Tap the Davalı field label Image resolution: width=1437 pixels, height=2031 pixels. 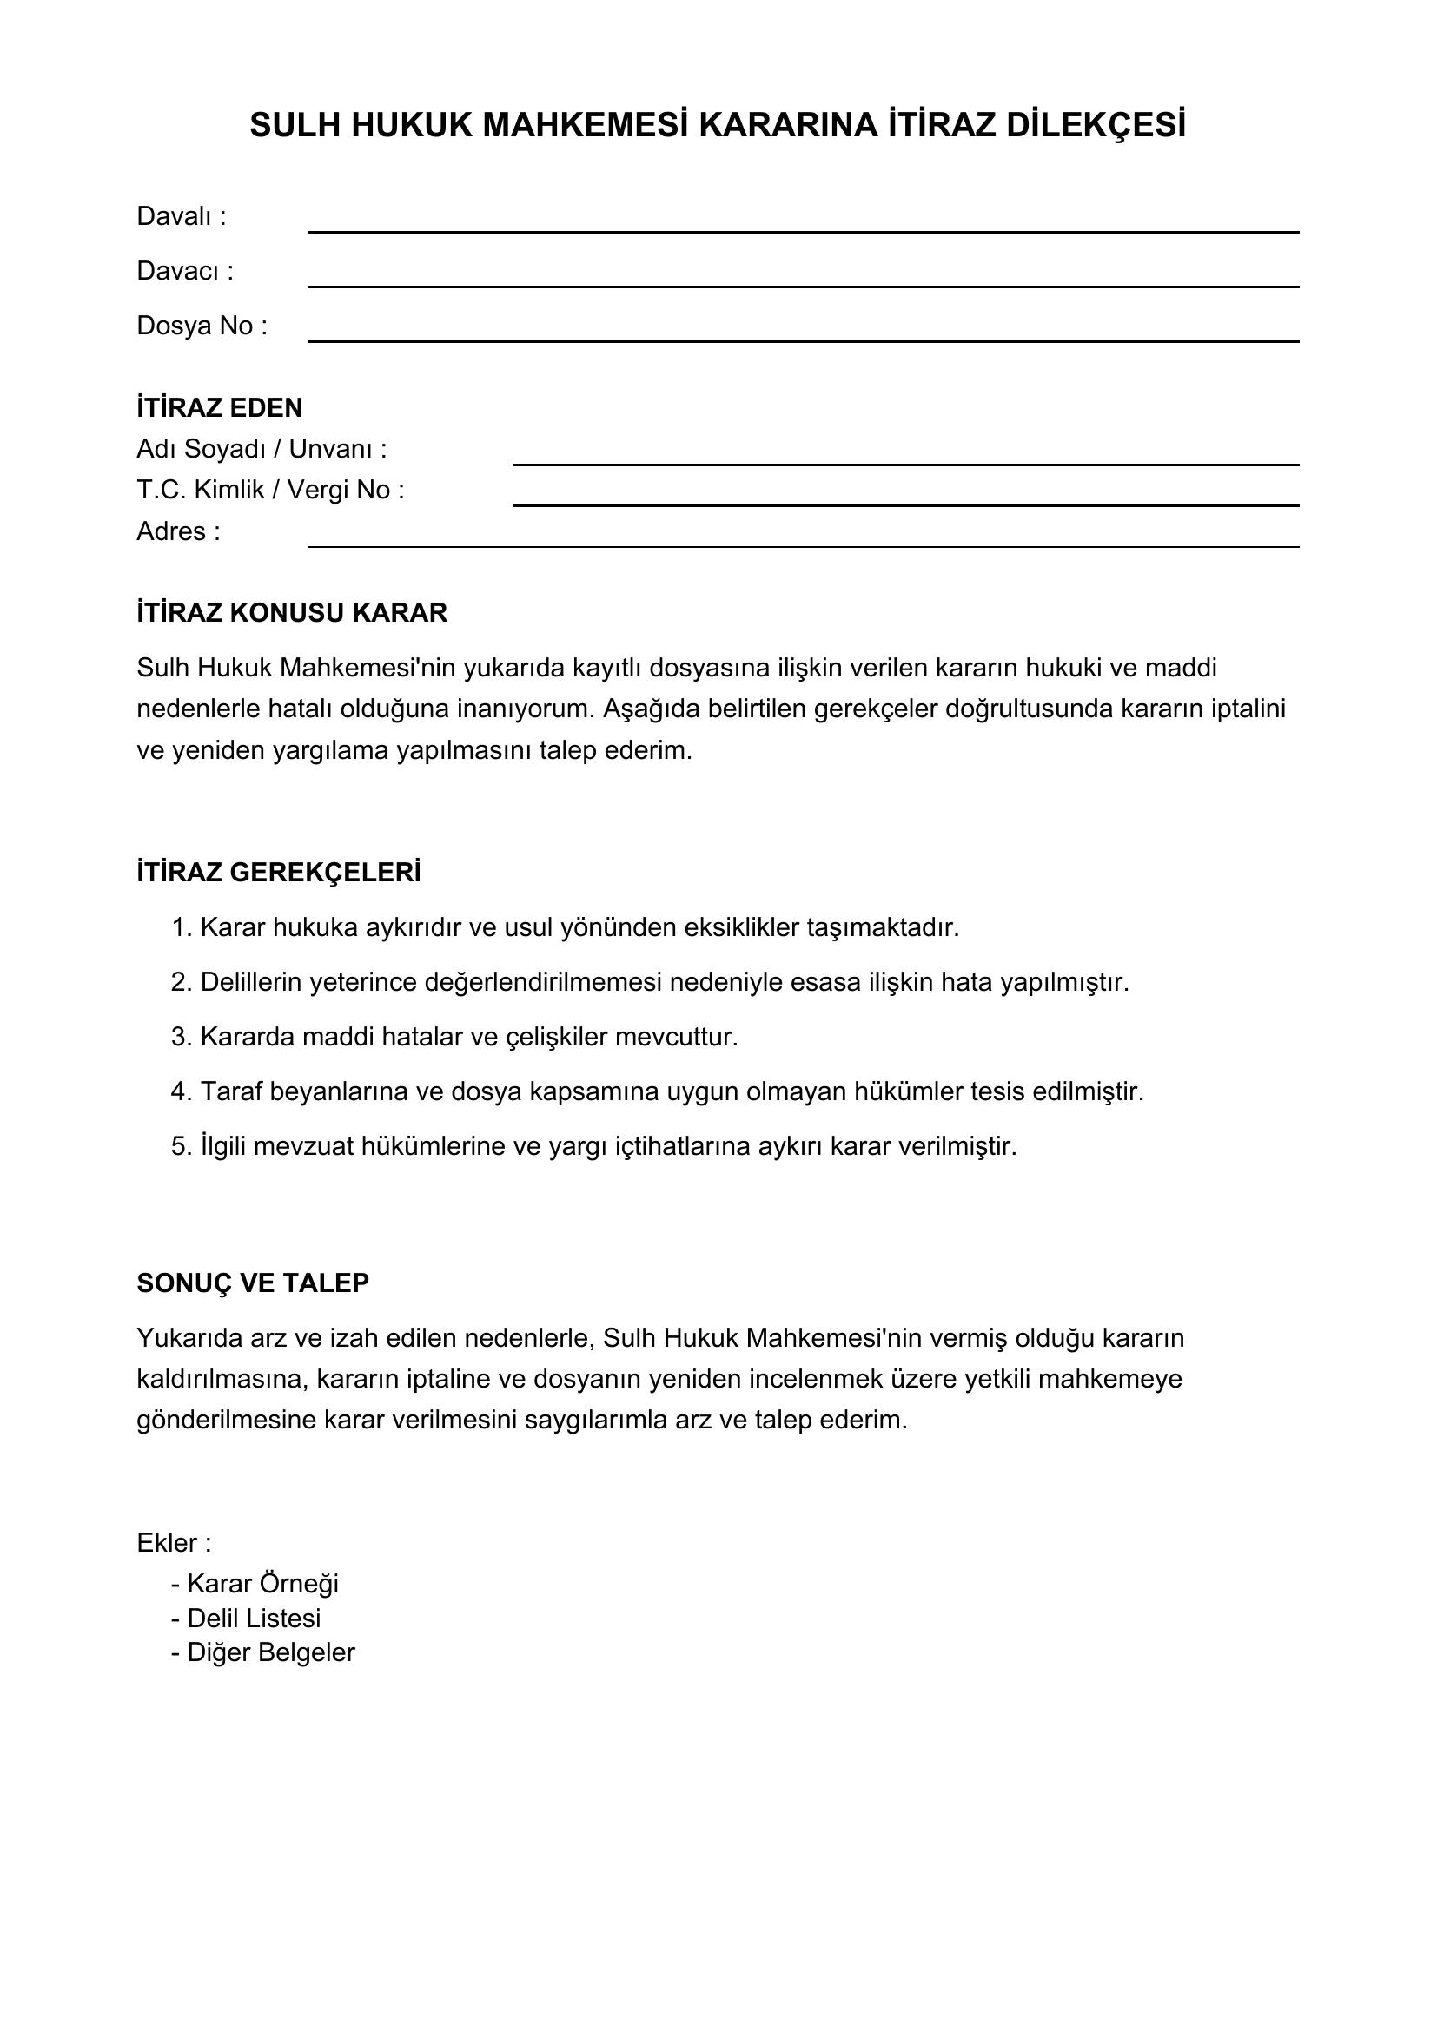point(181,217)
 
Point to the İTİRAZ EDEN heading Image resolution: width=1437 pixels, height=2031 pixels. point(220,408)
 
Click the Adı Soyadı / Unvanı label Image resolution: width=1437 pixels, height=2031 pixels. point(261,450)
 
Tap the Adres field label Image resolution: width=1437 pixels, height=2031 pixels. point(178,531)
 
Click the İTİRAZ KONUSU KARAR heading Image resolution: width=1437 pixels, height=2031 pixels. point(292,613)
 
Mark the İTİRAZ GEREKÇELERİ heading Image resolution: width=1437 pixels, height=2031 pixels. point(279,873)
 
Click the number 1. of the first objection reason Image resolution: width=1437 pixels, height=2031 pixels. point(182,928)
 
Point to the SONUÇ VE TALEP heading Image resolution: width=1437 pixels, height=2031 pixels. point(252,1283)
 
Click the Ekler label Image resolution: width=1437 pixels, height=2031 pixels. point(174,1544)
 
